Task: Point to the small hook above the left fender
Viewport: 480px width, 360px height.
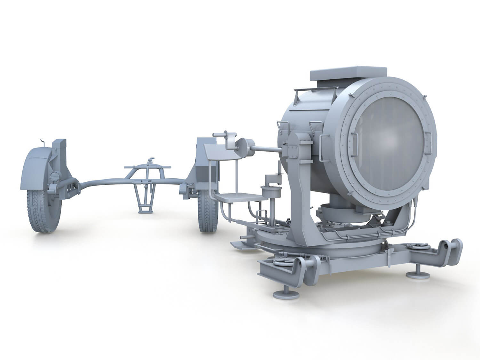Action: [42, 142]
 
